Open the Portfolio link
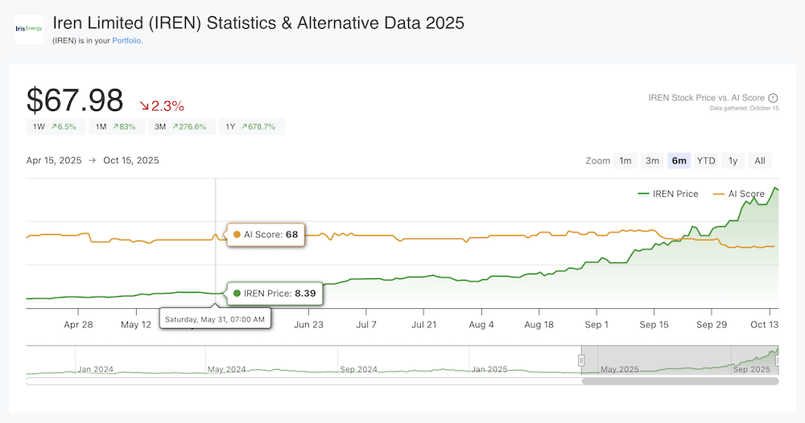tap(127, 40)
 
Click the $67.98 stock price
tap(75, 101)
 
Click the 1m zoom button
tap(625, 161)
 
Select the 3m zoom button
tap(652, 161)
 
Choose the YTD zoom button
tap(706, 161)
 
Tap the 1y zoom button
tap(733, 161)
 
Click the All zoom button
tap(760, 161)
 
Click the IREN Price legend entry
tap(667, 194)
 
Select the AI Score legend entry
tap(739, 194)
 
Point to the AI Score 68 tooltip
tap(265, 235)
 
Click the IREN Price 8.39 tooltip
tap(275, 294)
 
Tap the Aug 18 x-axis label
tap(539, 325)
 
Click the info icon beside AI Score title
tap(773, 98)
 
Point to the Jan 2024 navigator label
tap(96, 369)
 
